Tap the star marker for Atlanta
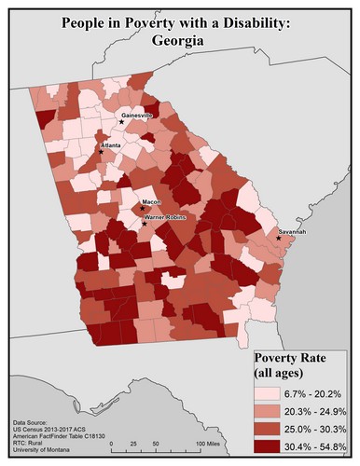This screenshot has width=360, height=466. [x=103, y=152]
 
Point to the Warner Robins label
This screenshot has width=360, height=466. [x=166, y=217]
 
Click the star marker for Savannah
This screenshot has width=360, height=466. [x=279, y=239]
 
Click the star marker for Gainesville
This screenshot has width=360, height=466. [x=121, y=121]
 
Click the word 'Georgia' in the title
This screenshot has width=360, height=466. [x=180, y=42]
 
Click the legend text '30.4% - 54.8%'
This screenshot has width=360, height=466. [x=316, y=445]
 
